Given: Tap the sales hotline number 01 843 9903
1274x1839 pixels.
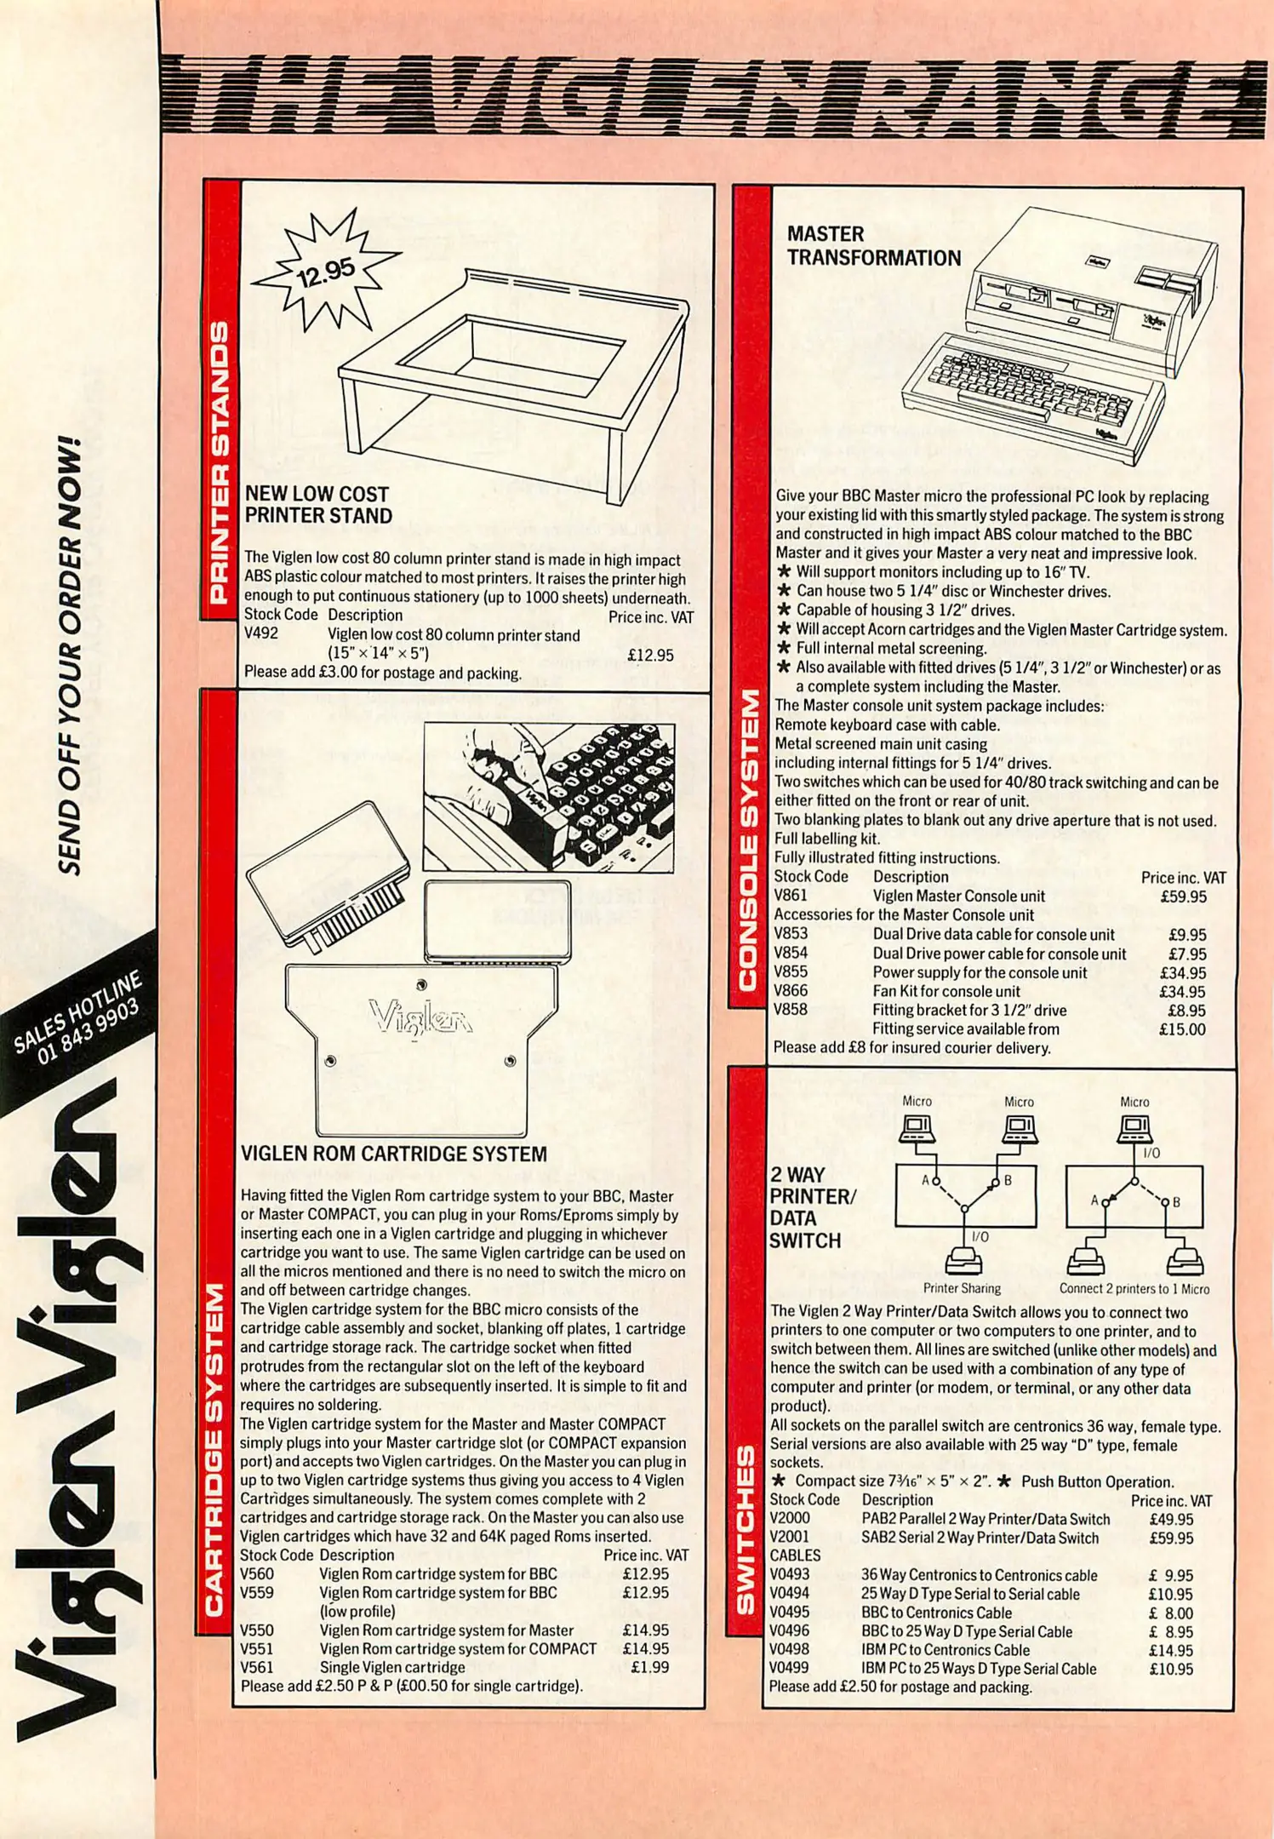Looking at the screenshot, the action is tap(89, 1033).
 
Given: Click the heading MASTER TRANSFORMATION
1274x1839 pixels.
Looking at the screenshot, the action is tap(873, 246).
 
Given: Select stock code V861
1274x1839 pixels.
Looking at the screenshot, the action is tap(791, 896).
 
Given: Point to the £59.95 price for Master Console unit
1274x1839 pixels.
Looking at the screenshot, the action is tap(1183, 897).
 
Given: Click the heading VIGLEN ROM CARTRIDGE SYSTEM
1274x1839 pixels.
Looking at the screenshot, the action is tap(394, 1154).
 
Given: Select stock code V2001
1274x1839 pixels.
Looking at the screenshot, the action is tap(789, 1538).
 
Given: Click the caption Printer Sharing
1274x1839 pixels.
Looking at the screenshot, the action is tap(962, 1288).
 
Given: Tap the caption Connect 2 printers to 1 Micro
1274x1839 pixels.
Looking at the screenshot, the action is tap(1134, 1288).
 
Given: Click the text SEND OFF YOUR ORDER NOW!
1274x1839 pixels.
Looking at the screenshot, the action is tap(71, 656).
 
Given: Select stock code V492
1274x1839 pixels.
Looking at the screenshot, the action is tap(261, 633).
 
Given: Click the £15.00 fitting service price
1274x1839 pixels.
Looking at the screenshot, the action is tap(1183, 1029).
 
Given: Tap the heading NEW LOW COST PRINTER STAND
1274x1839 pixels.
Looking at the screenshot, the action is tap(318, 505).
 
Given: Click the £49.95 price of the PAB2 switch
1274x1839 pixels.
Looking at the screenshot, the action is tap(1171, 1520).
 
